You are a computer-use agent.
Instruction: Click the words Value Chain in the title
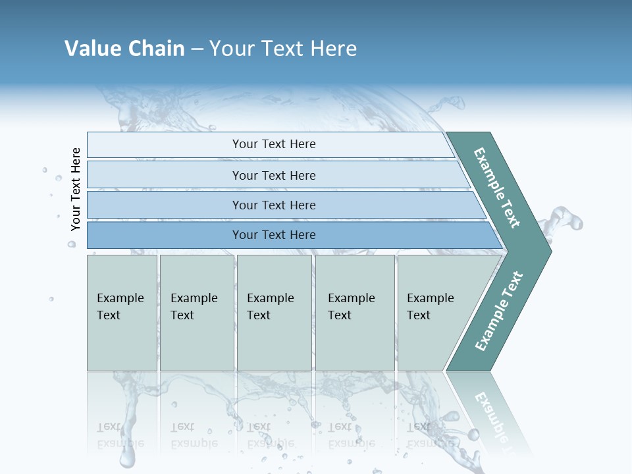coord(124,49)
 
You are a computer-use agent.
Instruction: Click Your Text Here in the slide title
coord(283,49)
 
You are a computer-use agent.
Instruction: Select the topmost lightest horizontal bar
coord(165,145)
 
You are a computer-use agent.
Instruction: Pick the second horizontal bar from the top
coord(165,175)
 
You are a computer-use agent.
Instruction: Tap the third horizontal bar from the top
coord(165,205)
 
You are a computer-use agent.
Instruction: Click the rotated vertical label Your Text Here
coord(76,189)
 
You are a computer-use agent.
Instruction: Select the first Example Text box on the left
coord(122,313)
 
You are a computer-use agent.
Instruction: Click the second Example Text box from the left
coord(196,313)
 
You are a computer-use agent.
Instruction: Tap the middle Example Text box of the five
coord(274,313)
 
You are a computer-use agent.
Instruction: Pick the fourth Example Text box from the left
coord(355,313)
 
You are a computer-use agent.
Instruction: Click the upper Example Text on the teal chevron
coord(498,188)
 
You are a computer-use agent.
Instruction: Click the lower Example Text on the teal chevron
coord(499,311)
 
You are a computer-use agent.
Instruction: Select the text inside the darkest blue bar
coord(274,235)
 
